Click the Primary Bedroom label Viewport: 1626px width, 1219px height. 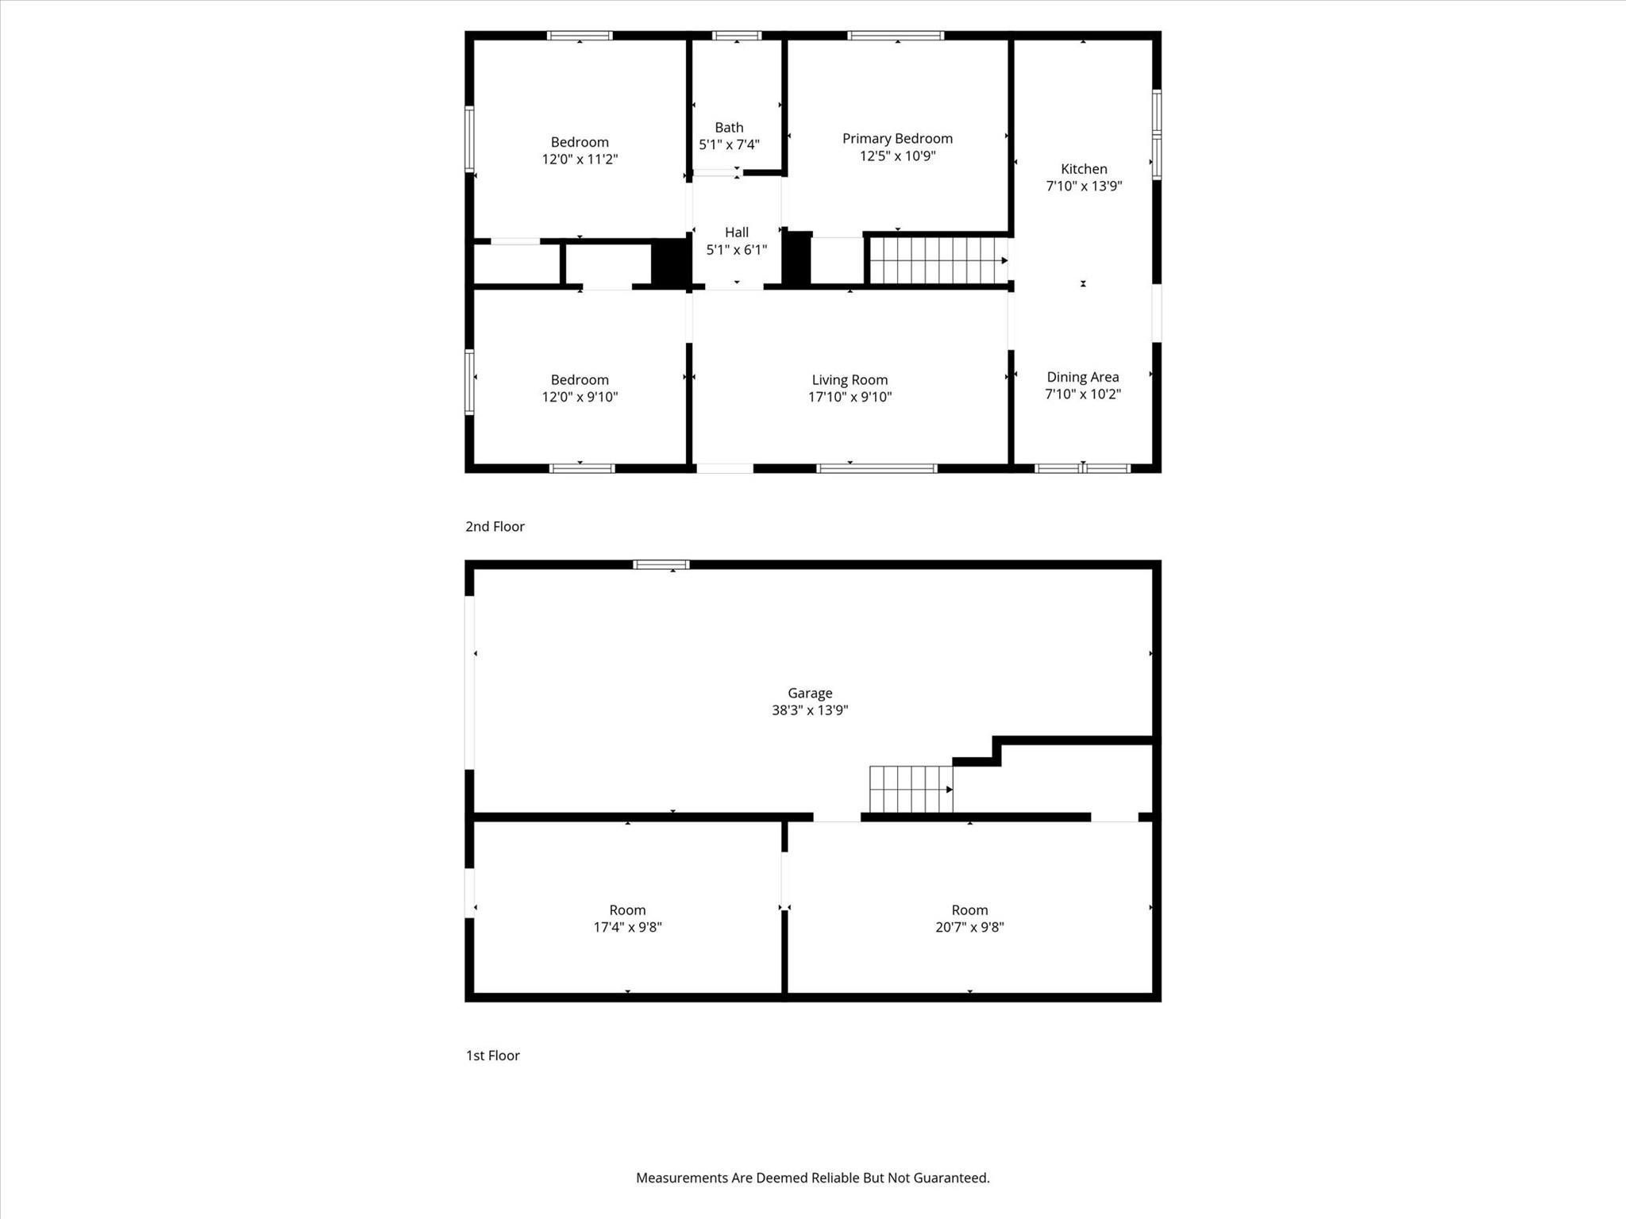coord(897,138)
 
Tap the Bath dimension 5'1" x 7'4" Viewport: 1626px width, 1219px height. coord(729,144)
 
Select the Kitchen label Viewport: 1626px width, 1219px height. coord(1084,168)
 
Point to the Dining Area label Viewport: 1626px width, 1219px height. coord(1082,377)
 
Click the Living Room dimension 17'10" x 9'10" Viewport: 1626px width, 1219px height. coord(850,397)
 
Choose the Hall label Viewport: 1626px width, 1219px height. coord(736,233)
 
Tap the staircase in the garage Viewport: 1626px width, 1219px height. coord(911,789)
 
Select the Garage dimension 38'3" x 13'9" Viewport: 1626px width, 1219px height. coord(810,710)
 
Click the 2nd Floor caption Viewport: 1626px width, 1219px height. coord(495,526)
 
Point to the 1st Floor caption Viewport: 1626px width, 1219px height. coord(492,1056)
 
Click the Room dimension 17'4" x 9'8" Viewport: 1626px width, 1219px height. coord(627,927)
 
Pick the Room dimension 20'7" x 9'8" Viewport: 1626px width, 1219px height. coord(969,927)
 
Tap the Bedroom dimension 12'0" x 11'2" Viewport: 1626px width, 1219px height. coord(580,159)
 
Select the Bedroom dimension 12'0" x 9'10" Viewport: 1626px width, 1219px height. coord(580,397)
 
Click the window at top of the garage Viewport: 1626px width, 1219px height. coord(661,564)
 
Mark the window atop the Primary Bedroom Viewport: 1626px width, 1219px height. coord(896,35)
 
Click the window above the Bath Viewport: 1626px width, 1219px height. coord(737,35)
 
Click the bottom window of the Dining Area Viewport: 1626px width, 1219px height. coord(1083,468)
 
